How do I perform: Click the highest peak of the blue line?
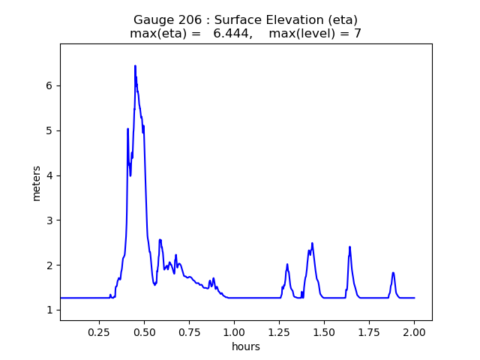135,66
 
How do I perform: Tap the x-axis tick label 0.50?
144,331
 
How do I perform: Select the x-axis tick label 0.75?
189,331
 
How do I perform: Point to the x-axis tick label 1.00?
234,331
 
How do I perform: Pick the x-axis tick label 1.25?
279,331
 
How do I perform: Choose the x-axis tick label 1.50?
324,331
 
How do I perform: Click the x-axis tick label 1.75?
369,331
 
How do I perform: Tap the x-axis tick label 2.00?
414,331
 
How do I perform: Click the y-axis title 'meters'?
37,182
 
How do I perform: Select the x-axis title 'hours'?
246,346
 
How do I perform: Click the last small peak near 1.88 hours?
393,273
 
